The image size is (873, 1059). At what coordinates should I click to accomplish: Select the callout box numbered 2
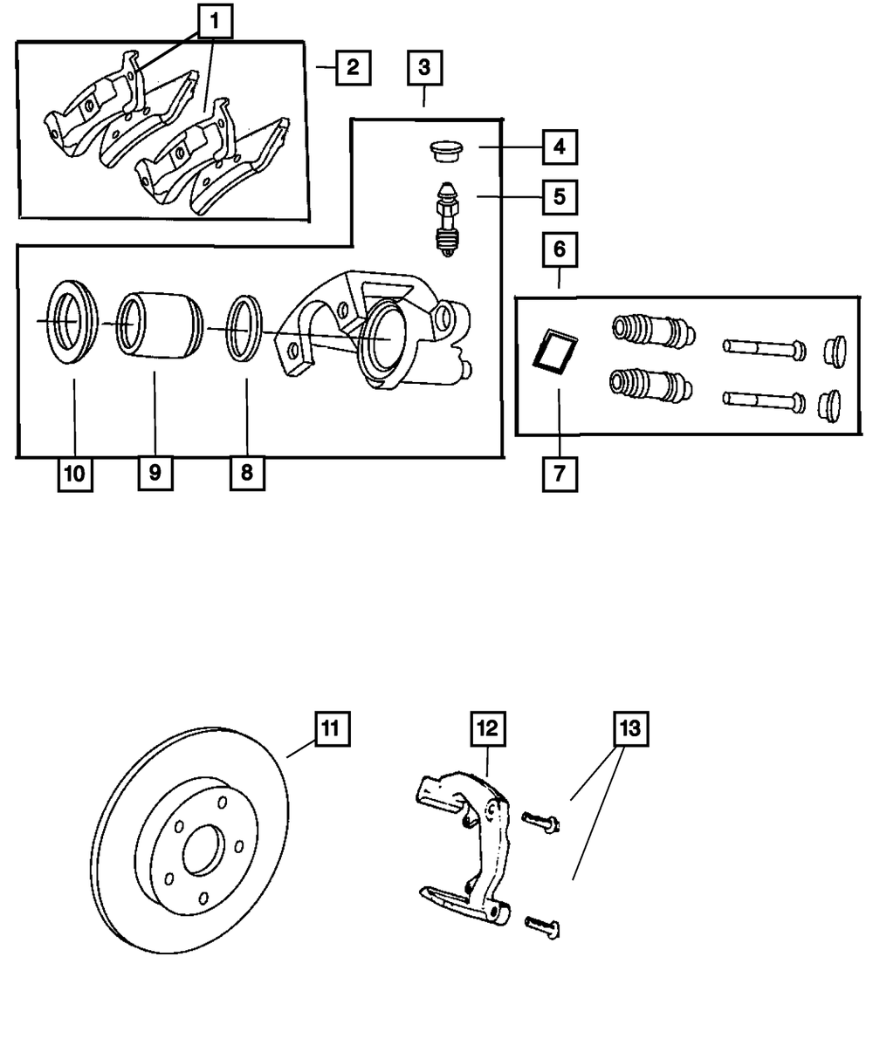point(352,67)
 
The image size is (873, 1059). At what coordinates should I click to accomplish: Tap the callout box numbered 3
point(424,67)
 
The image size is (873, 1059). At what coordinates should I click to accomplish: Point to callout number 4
point(559,147)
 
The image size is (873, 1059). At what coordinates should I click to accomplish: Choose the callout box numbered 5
point(559,196)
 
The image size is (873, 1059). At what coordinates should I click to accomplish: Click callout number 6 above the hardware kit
point(559,249)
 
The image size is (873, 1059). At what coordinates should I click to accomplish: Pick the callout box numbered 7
point(559,475)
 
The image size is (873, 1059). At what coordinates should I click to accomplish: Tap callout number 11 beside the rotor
point(332,728)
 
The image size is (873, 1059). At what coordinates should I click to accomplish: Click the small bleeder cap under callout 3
point(448,151)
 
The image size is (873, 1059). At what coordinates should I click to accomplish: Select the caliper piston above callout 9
point(155,325)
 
